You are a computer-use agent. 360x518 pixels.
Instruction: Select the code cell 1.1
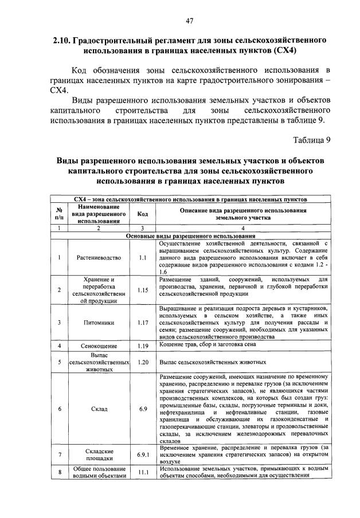pyautogui.click(x=143, y=257)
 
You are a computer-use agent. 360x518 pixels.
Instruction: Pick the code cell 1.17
pyautogui.click(x=143, y=322)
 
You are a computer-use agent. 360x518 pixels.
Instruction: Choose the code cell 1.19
pyautogui.click(x=143, y=346)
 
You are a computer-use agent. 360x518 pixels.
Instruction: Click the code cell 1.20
pyautogui.click(x=143, y=362)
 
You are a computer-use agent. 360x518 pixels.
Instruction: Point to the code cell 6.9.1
pyautogui.click(x=143, y=454)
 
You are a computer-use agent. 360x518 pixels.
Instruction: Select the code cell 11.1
pyautogui.click(x=143, y=472)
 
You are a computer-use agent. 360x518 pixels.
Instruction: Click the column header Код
pyautogui.click(x=143, y=214)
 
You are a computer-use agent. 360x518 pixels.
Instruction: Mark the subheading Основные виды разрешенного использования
pyautogui.click(x=190, y=236)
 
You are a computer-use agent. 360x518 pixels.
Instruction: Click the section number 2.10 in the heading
pyautogui.click(x=60, y=41)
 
